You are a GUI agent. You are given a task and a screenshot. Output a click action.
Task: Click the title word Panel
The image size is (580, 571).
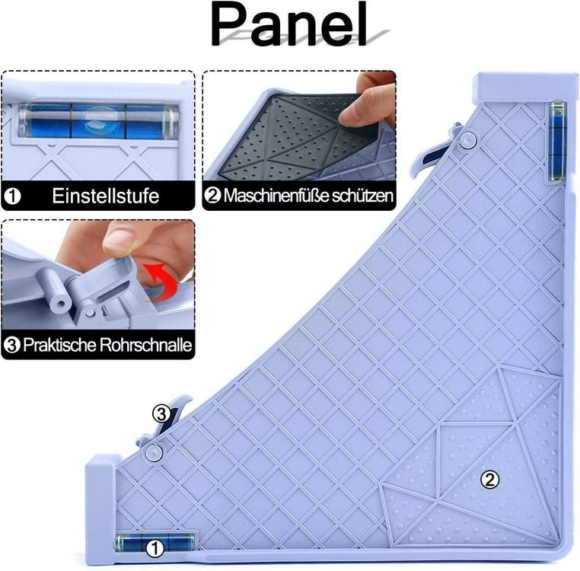[289, 24]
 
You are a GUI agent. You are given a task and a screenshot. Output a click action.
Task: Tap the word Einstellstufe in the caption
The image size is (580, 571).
[106, 196]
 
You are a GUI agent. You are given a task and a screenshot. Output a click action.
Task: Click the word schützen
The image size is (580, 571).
[362, 196]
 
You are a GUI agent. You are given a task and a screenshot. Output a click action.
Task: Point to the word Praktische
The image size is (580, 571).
[59, 345]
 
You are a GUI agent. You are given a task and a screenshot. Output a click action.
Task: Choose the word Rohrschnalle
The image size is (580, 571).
[145, 345]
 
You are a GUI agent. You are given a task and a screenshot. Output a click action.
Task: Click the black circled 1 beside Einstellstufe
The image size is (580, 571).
[12, 196]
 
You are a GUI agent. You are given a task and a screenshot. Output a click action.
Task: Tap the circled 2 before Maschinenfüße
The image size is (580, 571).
[212, 196]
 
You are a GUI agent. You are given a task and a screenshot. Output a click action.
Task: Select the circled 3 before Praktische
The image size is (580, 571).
[12, 345]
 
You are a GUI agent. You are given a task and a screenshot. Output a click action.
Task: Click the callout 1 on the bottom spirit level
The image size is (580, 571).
[155, 547]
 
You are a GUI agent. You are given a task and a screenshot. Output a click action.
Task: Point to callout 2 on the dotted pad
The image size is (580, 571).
[489, 480]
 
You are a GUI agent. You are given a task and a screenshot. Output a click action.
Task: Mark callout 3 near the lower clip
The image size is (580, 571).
[161, 414]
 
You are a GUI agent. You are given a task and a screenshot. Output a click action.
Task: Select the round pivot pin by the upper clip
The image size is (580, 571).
[467, 139]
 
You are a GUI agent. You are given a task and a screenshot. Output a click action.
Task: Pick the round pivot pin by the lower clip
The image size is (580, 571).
[154, 451]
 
